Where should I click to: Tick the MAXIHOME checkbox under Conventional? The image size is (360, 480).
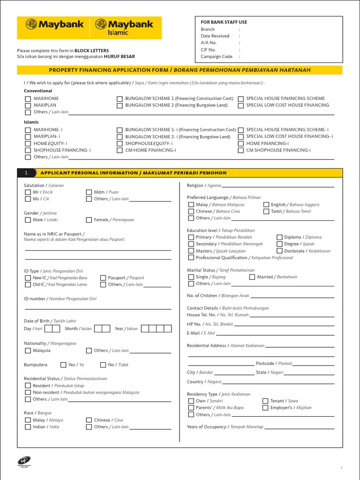coord(27,99)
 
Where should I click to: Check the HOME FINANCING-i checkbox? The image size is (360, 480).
coord(241,143)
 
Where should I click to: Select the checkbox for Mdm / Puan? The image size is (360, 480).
coord(89,192)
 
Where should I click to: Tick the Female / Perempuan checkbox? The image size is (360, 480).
coord(89,220)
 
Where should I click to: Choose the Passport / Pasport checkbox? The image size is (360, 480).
coord(103,278)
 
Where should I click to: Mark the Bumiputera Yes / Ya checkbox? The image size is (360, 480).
coord(63,365)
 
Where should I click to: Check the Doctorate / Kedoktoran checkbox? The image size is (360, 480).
coord(279,251)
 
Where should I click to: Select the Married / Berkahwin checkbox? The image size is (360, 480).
coord(252,277)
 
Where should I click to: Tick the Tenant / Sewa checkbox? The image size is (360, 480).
coord(265,401)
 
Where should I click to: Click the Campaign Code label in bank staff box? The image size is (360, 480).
coord(217,57)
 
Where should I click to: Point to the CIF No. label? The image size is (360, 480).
coord(208,50)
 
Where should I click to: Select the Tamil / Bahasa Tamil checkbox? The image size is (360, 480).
coord(266,211)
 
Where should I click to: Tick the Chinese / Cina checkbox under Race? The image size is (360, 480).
coord(89,420)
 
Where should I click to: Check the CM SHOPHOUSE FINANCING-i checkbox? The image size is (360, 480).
coord(241,150)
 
